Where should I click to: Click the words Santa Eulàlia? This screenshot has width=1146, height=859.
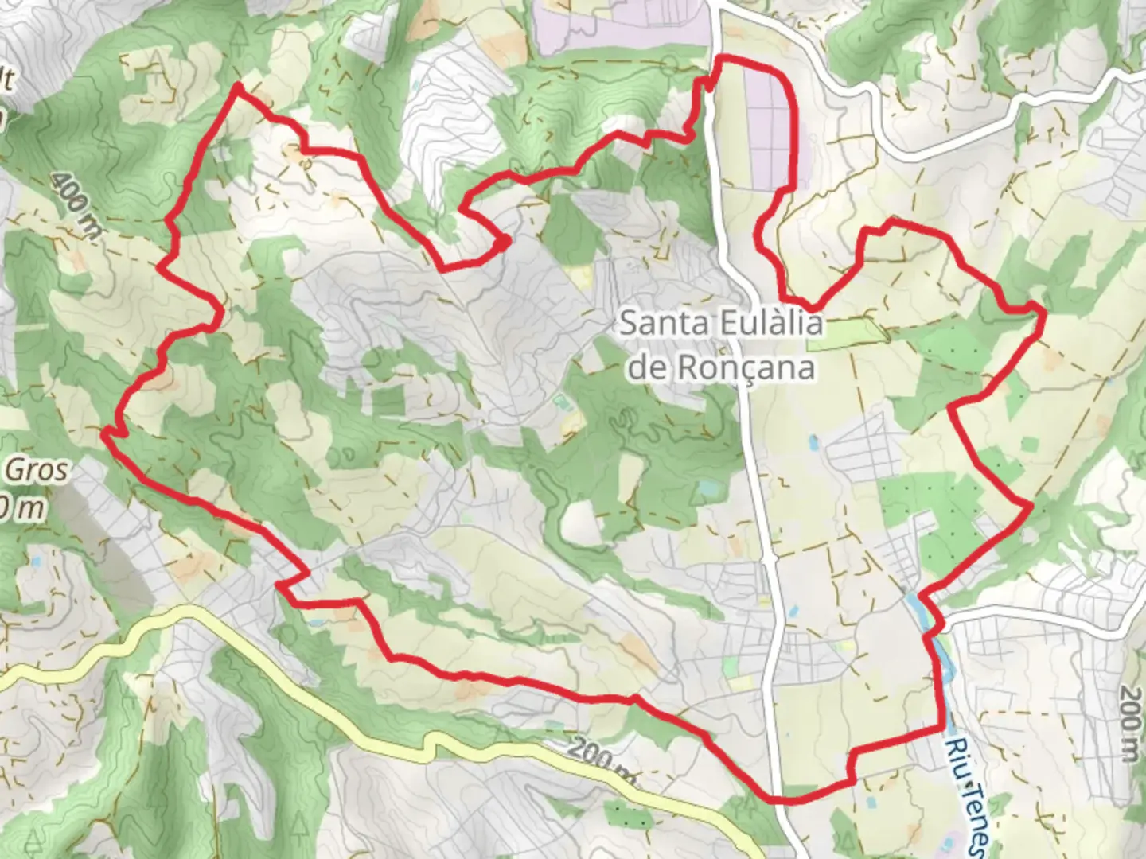point(720,325)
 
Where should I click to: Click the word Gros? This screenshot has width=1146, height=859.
point(38,471)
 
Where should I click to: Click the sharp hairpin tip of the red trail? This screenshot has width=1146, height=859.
point(508,241)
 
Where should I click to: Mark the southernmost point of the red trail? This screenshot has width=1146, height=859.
point(784,799)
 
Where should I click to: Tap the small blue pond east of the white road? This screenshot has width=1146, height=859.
point(812,440)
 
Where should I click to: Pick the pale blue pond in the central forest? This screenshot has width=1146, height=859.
point(705,487)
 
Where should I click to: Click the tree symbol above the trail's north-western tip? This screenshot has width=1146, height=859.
point(240,36)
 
